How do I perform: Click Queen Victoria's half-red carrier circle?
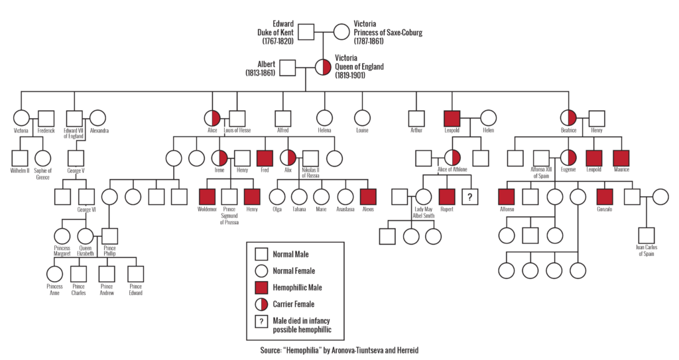[322, 68]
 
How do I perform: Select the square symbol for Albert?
[286, 68]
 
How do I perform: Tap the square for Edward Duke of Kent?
[304, 31]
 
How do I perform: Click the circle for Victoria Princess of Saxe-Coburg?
[341, 31]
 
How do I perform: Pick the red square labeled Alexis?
[368, 196]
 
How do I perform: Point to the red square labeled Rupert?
[447, 196]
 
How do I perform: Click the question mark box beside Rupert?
[470, 196]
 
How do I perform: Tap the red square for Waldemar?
[208, 196]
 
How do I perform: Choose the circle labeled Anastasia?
[345, 196]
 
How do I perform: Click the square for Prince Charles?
[79, 272]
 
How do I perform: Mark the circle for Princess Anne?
[55, 272]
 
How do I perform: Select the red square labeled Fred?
[265, 158]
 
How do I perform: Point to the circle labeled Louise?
[361, 118]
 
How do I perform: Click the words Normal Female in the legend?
[294, 270]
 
